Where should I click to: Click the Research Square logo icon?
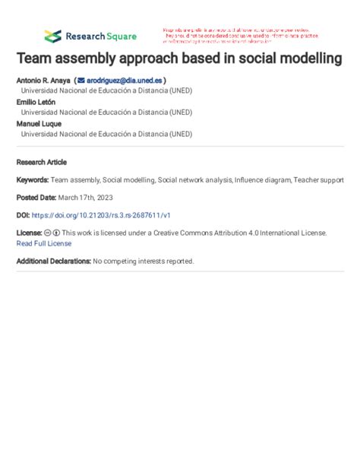point(52,36)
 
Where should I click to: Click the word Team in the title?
point(37,58)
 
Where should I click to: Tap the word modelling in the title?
point(307,58)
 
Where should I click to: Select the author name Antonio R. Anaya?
point(43,80)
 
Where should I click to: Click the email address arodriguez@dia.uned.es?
point(125,80)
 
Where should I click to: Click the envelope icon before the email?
point(81,80)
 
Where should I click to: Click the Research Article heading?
point(42,162)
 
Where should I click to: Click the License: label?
point(30,232)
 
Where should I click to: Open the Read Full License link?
point(44,243)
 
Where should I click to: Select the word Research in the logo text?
point(85,36)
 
